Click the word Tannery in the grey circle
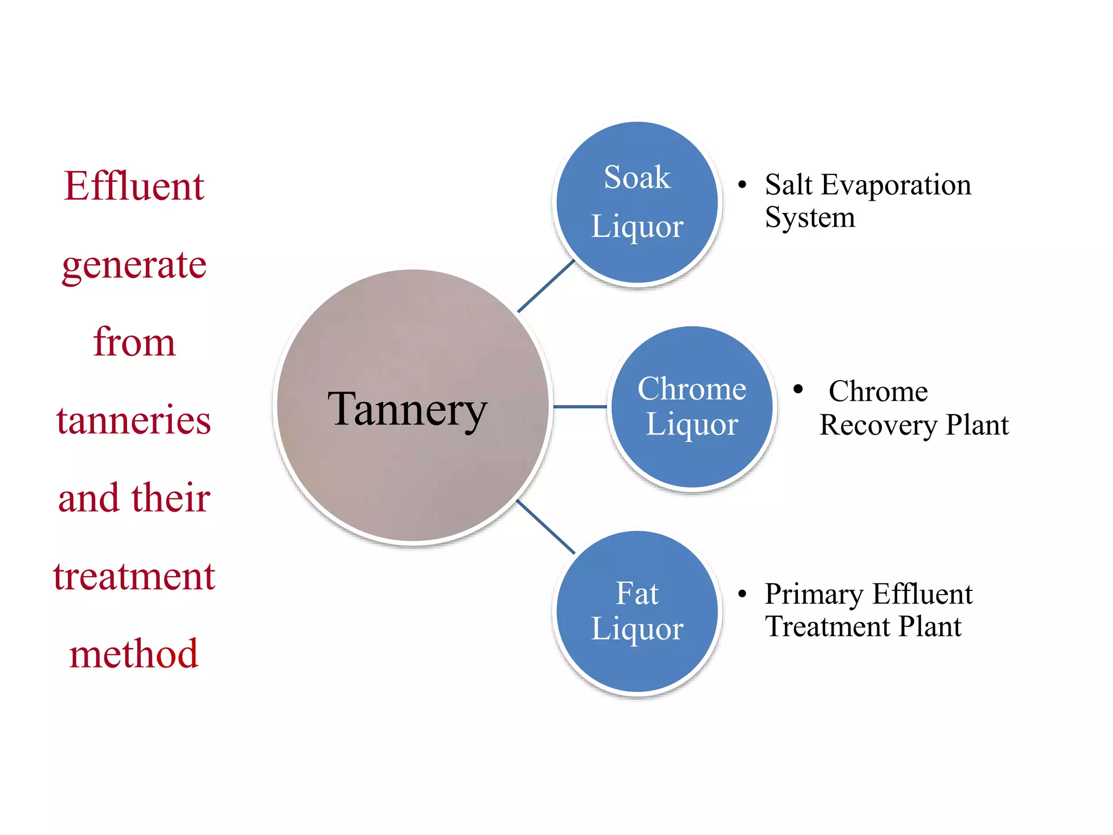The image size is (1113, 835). coord(407,409)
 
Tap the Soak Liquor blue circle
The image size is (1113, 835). coord(637,202)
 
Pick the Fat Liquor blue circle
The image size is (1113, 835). coord(637,611)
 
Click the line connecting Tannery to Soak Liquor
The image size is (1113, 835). coord(546,286)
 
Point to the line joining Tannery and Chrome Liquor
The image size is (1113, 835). coord(579,407)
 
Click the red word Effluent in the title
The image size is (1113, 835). coord(134,186)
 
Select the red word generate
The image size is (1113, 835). coord(134,265)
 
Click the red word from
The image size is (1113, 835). coord(134,342)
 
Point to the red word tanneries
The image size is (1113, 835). coord(134,420)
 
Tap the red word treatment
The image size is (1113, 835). coord(134,576)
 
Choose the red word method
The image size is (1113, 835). coord(134,653)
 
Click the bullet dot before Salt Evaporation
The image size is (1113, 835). coord(742,185)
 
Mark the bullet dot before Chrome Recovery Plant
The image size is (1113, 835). coord(798,389)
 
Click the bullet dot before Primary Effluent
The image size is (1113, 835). coord(742,594)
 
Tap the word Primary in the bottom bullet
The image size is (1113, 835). coord(814,594)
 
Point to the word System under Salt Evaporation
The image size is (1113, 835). coord(810,217)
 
